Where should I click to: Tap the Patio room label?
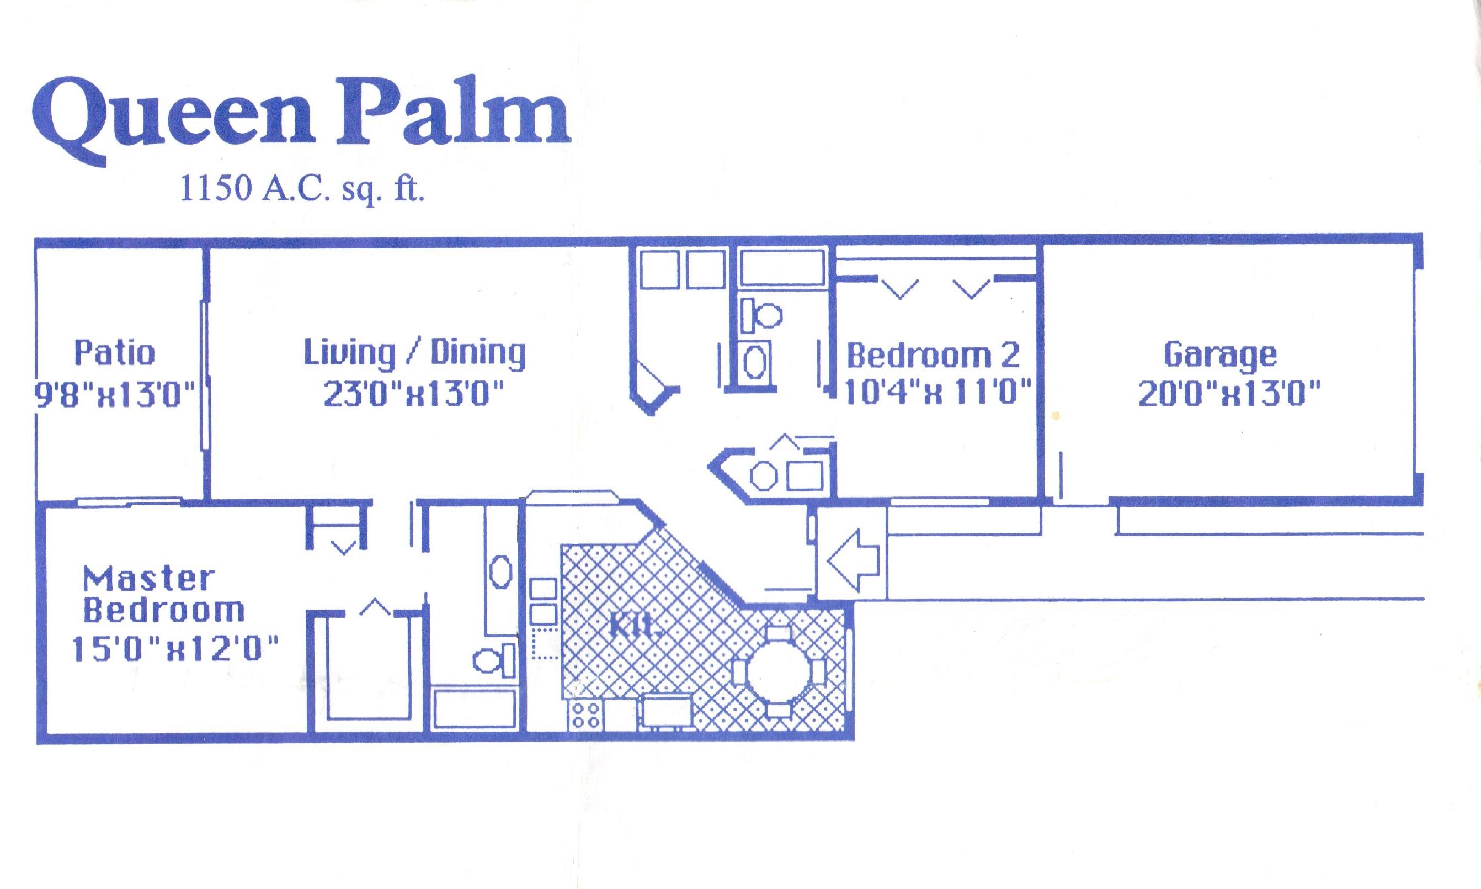click(x=114, y=353)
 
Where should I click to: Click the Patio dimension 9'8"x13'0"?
click(x=115, y=395)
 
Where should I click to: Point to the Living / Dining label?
click(x=414, y=353)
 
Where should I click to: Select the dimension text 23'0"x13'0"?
click(x=414, y=395)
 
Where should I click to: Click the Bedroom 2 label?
click(x=933, y=356)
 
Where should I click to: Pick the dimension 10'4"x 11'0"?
click(x=937, y=393)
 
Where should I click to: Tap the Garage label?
click(x=1220, y=354)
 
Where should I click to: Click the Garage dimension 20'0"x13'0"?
click(x=1228, y=395)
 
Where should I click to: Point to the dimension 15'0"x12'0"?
click(x=175, y=649)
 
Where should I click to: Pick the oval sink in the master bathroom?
click(x=500, y=572)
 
